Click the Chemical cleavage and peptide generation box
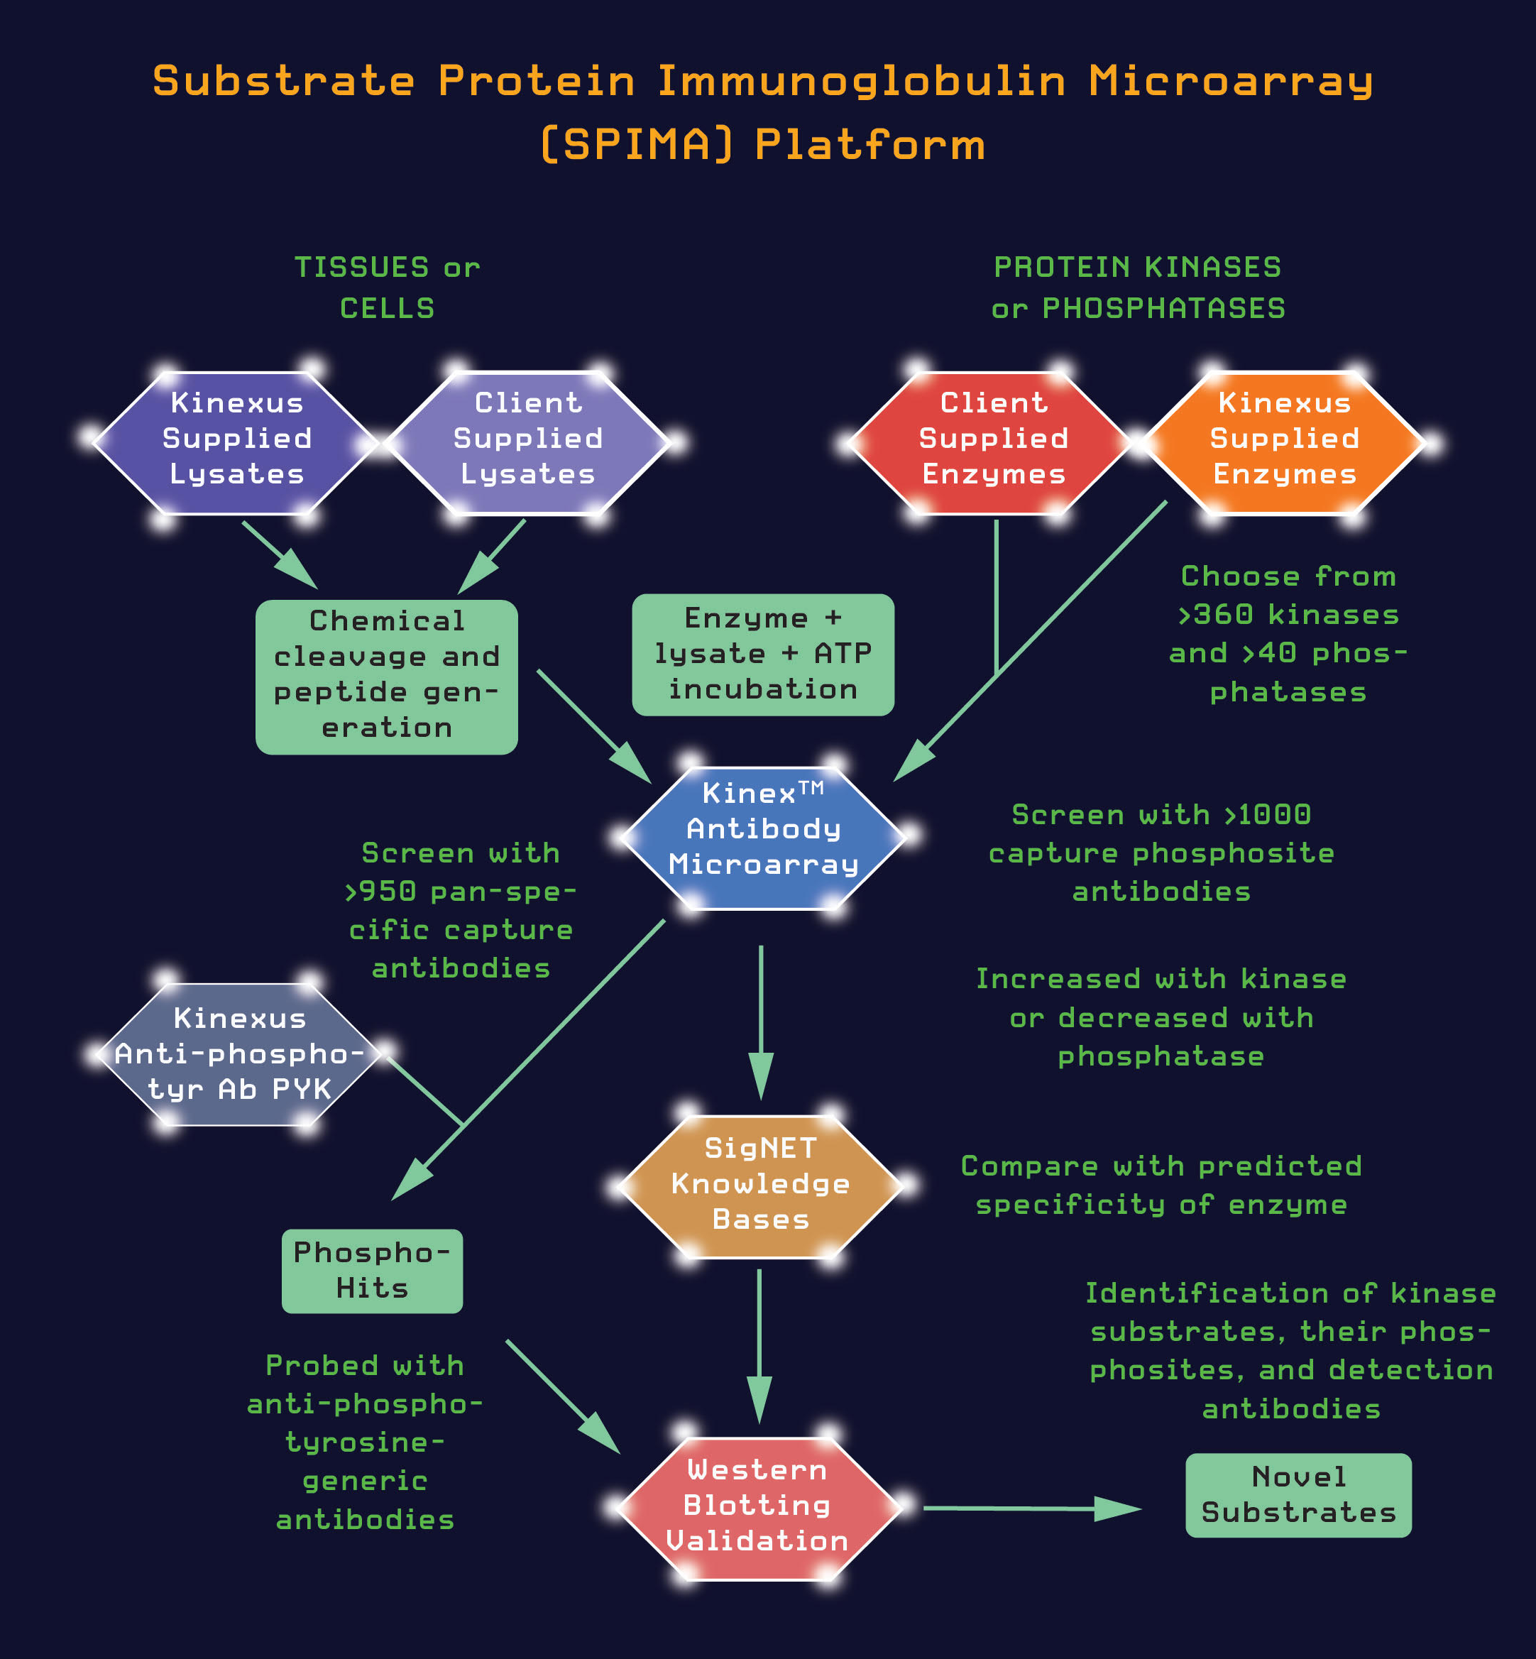(x=387, y=676)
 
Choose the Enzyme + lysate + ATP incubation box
(x=763, y=654)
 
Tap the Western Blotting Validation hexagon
(x=758, y=1506)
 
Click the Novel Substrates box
(x=1298, y=1495)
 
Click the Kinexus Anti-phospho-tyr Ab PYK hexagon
(x=239, y=1054)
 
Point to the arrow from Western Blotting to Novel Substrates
(x=1031, y=1508)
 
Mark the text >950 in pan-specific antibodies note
(x=380, y=892)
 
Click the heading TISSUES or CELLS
(x=388, y=288)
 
